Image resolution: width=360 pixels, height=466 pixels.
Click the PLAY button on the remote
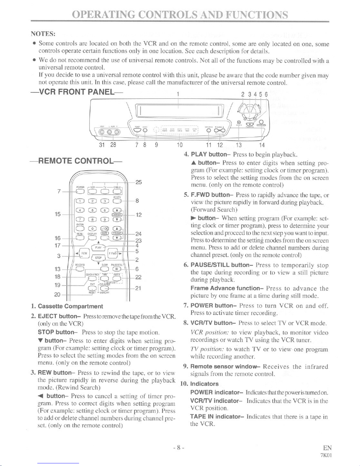pyautogui.click(x=98, y=248)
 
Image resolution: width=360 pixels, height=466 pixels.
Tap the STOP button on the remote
pyautogui.click(x=98, y=258)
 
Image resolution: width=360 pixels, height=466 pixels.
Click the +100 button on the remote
pyautogui.click(x=105, y=229)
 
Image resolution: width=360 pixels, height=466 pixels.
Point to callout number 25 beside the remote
pyautogui.click(x=139, y=182)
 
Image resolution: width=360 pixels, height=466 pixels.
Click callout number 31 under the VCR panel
pyautogui.click(x=102, y=145)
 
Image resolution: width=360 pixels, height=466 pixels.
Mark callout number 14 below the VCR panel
pyautogui.click(x=262, y=145)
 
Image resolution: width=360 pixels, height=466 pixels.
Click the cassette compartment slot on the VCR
pyautogui.click(x=178, y=111)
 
